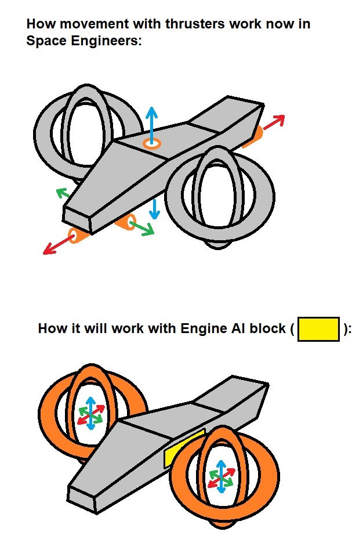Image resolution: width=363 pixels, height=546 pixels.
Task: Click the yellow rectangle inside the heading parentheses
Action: point(318,329)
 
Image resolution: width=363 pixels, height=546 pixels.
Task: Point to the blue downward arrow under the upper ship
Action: point(154,209)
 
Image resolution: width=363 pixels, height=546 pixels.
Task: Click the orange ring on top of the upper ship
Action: point(152,143)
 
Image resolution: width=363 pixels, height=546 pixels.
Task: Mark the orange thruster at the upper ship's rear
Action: point(253,137)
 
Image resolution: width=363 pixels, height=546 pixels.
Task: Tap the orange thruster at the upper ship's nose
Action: point(77,235)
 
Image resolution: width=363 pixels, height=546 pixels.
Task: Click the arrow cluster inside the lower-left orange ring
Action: point(91,414)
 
